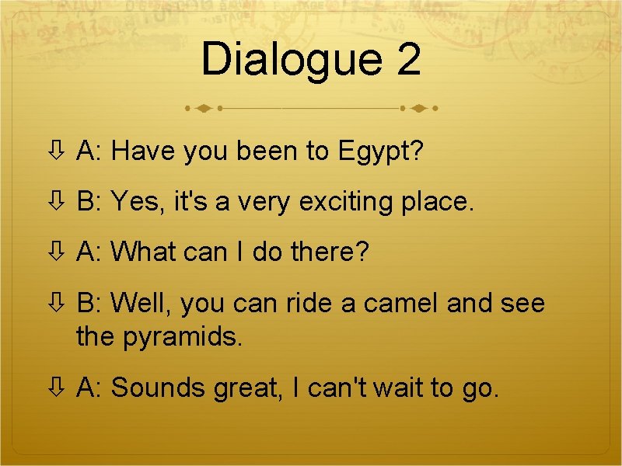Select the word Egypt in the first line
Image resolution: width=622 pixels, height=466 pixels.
point(380,152)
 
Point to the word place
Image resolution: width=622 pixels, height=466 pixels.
point(437,203)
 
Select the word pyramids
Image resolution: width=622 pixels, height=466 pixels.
point(183,337)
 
